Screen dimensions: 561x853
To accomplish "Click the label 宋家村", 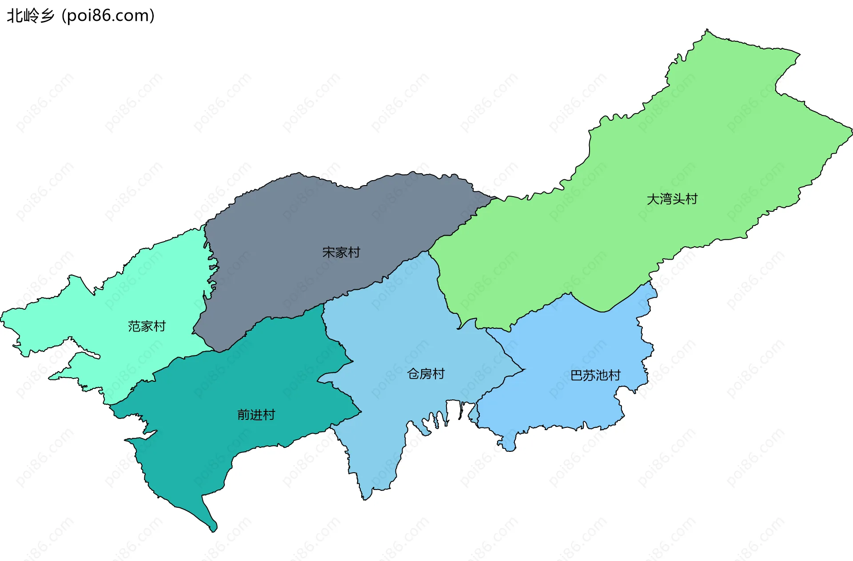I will click(341, 253).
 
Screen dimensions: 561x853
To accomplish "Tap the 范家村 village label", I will click(147, 326).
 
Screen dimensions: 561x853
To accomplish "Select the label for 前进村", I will click(256, 415).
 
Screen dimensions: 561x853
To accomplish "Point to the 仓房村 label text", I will click(426, 374).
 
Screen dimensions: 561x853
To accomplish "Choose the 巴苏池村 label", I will click(595, 375).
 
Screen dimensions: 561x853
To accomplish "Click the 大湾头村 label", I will click(672, 199).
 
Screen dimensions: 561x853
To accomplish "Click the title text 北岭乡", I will click(30, 16).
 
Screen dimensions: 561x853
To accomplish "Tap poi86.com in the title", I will click(108, 16).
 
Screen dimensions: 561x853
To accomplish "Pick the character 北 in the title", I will click(14, 16).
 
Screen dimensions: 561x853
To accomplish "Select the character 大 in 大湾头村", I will click(653, 199).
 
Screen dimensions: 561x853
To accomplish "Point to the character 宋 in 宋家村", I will click(328, 253).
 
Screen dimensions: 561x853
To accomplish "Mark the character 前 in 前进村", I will click(243, 415).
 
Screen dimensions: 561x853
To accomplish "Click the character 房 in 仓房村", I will click(426, 374).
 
